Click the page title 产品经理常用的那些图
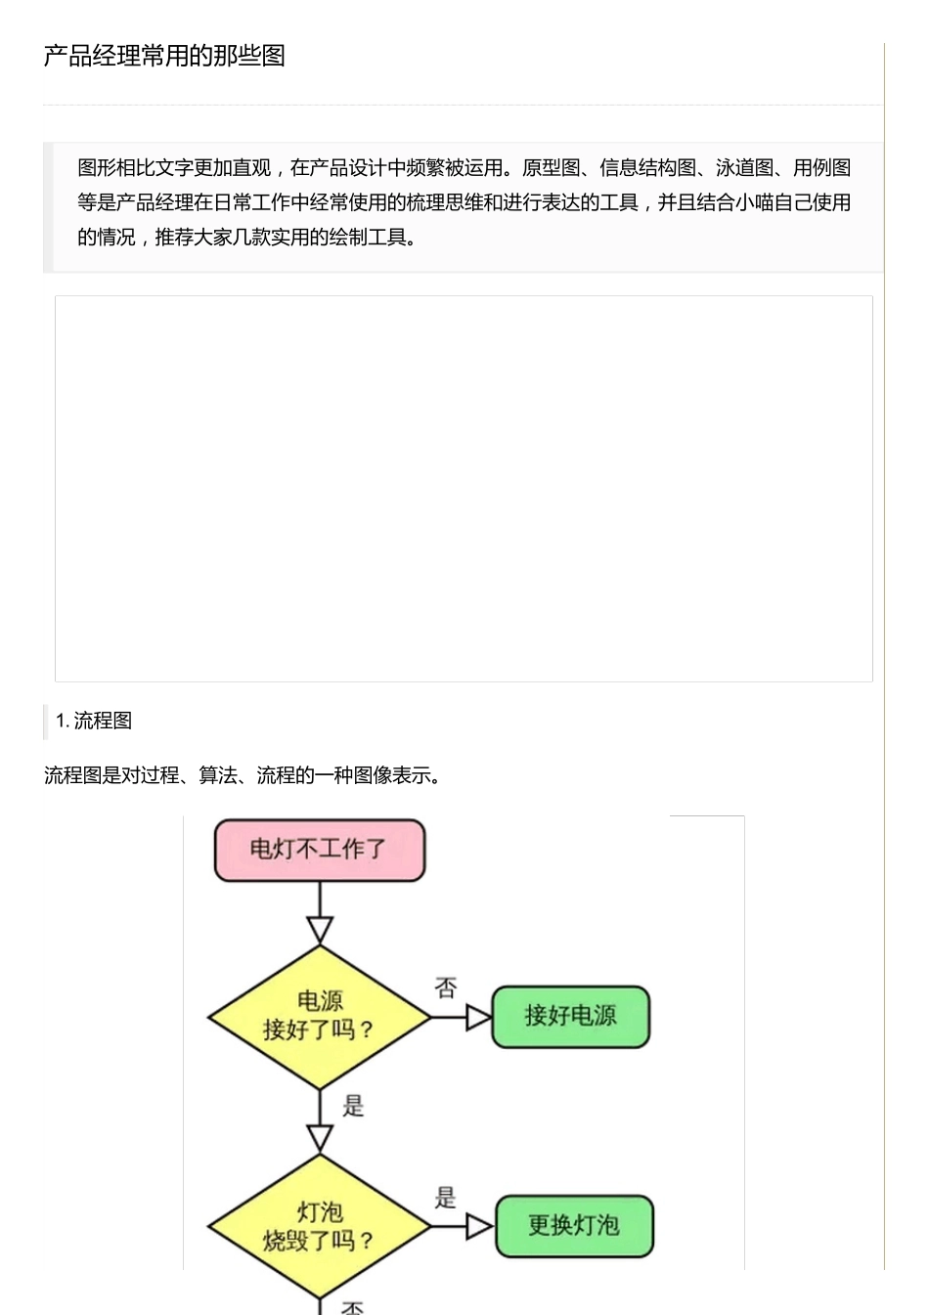click(x=164, y=56)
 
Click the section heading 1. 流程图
click(x=94, y=721)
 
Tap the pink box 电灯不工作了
click(x=320, y=850)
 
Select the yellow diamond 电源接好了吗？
click(x=320, y=1016)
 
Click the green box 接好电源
click(x=570, y=1017)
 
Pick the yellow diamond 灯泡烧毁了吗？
click(x=320, y=1226)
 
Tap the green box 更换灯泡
click(x=574, y=1226)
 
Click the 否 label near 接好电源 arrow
click(x=446, y=988)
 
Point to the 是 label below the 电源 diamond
click(x=353, y=1106)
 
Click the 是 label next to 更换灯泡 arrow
click(x=446, y=1198)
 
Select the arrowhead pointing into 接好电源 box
click(x=479, y=1018)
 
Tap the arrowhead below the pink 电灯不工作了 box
click(x=320, y=929)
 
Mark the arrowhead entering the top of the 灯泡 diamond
click(x=320, y=1138)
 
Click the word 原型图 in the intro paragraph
click(x=551, y=168)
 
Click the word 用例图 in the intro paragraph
click(x=821, y=168)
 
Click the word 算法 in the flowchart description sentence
click(x=218, y=775)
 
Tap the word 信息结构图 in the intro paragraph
click(x=647, y=168)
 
